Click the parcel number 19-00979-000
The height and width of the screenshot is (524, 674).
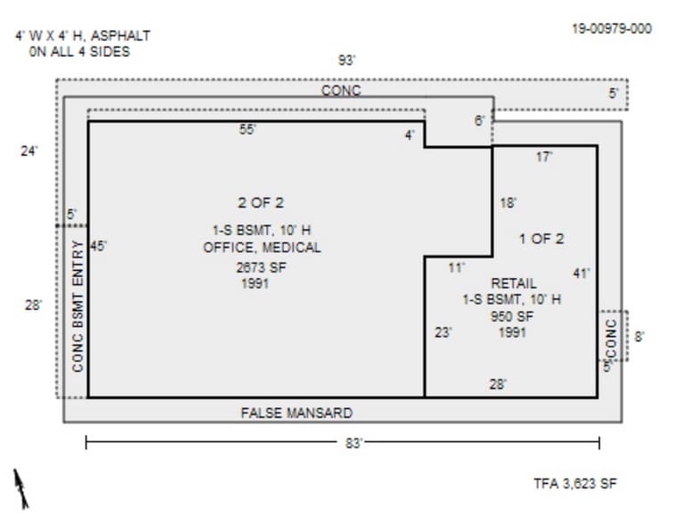tap(611, 29)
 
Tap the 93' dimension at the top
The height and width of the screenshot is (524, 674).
tap(346, 61)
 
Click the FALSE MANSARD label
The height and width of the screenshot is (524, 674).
tap(296, 413)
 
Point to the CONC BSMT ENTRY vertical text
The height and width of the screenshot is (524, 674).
tap(77, 306)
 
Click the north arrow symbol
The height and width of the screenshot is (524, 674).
tap(20, 488)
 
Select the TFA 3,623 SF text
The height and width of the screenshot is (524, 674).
tap(574, 484)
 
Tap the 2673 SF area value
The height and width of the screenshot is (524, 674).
tap(261, 267)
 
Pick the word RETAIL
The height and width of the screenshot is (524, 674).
tap(514, 283)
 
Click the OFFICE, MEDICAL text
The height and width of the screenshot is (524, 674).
tap(262, 247)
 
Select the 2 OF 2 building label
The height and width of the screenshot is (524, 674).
tap(260, 203)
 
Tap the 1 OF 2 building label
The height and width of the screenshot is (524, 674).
tap(541, 239)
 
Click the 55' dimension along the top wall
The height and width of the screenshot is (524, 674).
tap(248, 130)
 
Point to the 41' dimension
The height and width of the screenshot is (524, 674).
tap(581, 274)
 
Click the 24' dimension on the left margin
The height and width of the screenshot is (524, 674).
tap(29, 151)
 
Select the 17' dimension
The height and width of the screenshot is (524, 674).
tap(544, 157)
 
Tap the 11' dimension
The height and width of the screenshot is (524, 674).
tap(456, 267)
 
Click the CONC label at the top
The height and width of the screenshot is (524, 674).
tap(341, 91)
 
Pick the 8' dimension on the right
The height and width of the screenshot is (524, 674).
tap(638, 337)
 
